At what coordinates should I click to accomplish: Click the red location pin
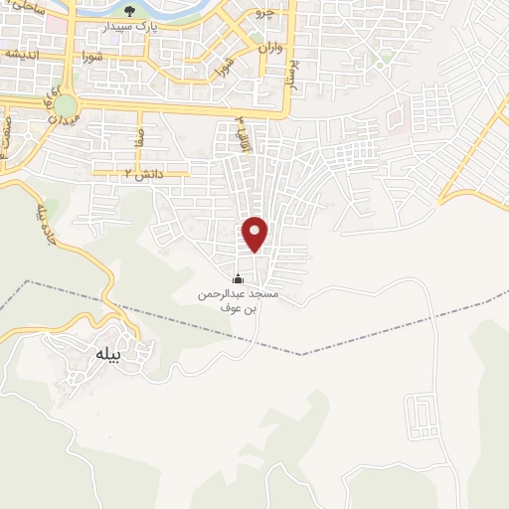point(255,234)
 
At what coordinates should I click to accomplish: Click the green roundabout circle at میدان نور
point(66,105)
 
